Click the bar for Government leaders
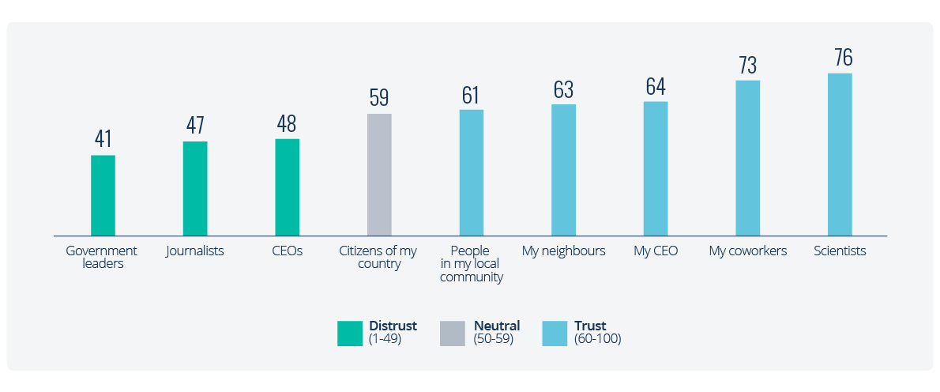pyautogui.click(x=103, y=195)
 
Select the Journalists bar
pyautogui.click(x=195, y=189)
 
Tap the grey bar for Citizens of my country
pyautogui.click(x=379, y=175)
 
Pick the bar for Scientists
pyautogui.click(x=840, y=154)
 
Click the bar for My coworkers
pyautogui.click(x=747, y=158)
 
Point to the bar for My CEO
pyautogui.click(x=656, y=168)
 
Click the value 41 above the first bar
pyautogui.click(x=103, y=139)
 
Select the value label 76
pyautogui.click(x=843, y=58)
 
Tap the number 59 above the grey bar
pyautogui.click(x=379, y=98)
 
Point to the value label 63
pyautogui.click(x=563, y=89)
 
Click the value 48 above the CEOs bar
pyautogui.click(x=287, y=124)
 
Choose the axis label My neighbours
pyautogui.click(x=563, y=251)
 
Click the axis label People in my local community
pyautogui.click(x=471, y=264)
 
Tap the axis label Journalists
pyautogui.click(x=195, y=251)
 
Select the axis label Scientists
pyautogui.click(x=840, y=251)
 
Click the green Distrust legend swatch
pyautogui.click(x=349, y=334)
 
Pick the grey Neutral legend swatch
pyautogui.click(x=452, y=334)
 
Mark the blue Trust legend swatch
pyautogui.click(x=555, y=334)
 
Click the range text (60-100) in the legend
pyautogui.click(x=598, y=339)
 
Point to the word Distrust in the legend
pyautogui.click(x=393, y=326)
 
